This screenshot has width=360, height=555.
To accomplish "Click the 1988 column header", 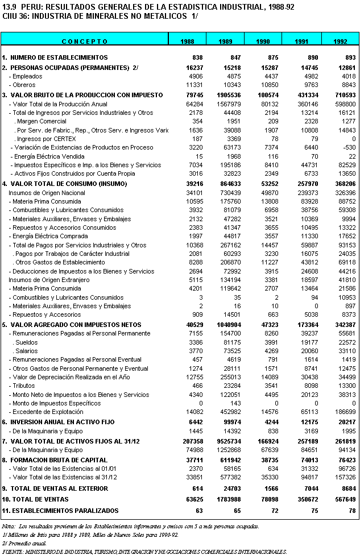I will [187, 42].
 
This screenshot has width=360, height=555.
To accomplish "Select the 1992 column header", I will [340, 42].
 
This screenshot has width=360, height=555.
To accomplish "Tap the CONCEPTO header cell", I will [85, 42].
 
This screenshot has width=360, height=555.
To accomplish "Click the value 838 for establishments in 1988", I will [197, 58].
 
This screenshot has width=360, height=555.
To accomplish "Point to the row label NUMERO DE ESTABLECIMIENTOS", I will [55, 58].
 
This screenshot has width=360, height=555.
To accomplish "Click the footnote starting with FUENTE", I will [145, 552].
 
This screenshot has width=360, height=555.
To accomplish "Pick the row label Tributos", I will [24, 386].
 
